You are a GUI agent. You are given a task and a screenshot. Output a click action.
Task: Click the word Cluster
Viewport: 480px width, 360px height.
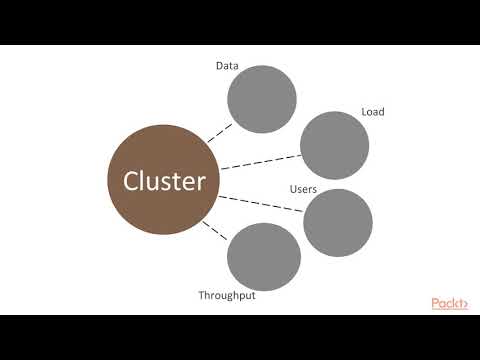click(164, 181)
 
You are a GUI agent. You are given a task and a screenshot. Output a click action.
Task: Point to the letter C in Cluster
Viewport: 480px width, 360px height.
click(131, 181)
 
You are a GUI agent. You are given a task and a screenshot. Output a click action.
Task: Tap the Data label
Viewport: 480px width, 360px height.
click(227, 66)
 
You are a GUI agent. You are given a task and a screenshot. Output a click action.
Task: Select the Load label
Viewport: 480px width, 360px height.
click(373, 112)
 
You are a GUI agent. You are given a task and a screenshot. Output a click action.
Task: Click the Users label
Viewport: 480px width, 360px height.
click(304, 189)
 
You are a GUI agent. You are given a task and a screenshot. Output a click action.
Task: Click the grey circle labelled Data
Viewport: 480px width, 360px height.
click(262, 98)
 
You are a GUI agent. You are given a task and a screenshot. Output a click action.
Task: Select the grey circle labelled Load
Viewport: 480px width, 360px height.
click(334, 145)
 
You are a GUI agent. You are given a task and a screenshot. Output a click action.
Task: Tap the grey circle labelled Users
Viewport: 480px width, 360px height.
click(338, 222)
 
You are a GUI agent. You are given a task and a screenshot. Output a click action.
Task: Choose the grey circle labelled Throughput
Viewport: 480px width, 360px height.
click(264, 256)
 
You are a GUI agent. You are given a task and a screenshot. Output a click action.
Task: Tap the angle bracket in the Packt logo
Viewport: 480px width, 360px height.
click(465, 303)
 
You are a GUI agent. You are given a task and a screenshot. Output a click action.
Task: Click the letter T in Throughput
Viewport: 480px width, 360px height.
click(201, 296)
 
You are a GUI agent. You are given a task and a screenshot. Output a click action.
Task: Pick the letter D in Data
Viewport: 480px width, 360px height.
click(219, 66)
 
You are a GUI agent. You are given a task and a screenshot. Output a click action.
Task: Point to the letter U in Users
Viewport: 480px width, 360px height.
click(293, 189)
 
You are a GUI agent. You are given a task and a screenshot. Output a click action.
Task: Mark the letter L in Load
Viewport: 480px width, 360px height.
click(364, 112)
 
